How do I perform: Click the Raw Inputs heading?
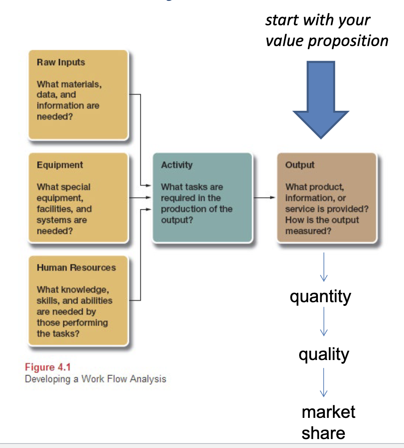click(x=61, y=62)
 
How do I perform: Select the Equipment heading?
click(x=60, y=165)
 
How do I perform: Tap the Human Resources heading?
click(x=76, y=268)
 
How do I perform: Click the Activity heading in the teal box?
click(x=176, y=165)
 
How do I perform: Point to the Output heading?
click(x=300, y=165)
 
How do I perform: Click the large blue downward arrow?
click(x=321, y=100)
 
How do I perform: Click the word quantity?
click(x=320, y=296)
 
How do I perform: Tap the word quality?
click(x=324, y=354)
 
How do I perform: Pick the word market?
click(x=329, y=412)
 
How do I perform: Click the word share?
click(x=323, y=433)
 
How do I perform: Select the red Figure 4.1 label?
click(x=46, y=368)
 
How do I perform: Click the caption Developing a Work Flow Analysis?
click(x=95, y=379)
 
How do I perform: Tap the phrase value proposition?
click(x=327, y=41)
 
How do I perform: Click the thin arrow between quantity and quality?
click(x=324, y=322)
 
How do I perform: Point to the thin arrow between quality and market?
click(x=324, y=382)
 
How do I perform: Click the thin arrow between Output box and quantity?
click(x=324, y=267)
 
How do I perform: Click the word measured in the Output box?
click(x=308, y=231)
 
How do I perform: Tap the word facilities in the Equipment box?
click(x=53, y=209)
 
